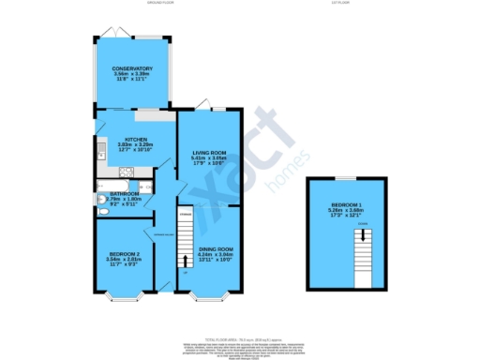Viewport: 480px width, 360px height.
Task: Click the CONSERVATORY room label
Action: point(132,69)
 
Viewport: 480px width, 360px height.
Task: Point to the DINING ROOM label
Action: point(215,248)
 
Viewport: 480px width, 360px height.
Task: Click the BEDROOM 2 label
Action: point(124,254)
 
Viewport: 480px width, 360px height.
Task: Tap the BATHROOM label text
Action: point(123,194)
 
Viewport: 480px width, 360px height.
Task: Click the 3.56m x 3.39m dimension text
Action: point(132,75)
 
